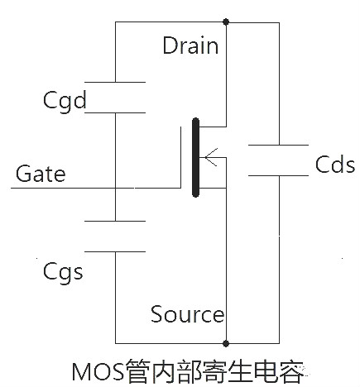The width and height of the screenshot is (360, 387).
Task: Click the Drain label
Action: [190, 45]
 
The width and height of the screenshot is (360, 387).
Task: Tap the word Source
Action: [187, 314]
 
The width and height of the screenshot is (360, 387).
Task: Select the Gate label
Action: [41, 174]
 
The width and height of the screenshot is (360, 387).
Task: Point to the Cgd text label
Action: [65, 101]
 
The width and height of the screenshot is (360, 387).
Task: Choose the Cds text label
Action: [335, 164]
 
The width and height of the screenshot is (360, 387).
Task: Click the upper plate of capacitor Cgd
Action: [115, 82]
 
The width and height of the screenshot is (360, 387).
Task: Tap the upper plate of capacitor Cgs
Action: [115, 221]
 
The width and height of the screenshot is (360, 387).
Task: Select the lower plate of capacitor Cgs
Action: [115, 251]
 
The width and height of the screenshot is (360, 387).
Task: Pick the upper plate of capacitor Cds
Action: [279, 145]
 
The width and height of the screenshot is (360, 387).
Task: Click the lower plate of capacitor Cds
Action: [279, 174]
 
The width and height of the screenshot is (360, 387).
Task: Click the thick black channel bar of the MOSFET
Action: [195, 158]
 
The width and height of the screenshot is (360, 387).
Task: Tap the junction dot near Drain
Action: [226, 23]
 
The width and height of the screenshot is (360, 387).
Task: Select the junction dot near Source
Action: [226, 342]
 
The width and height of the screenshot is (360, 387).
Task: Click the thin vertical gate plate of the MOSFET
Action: [182, 157]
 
